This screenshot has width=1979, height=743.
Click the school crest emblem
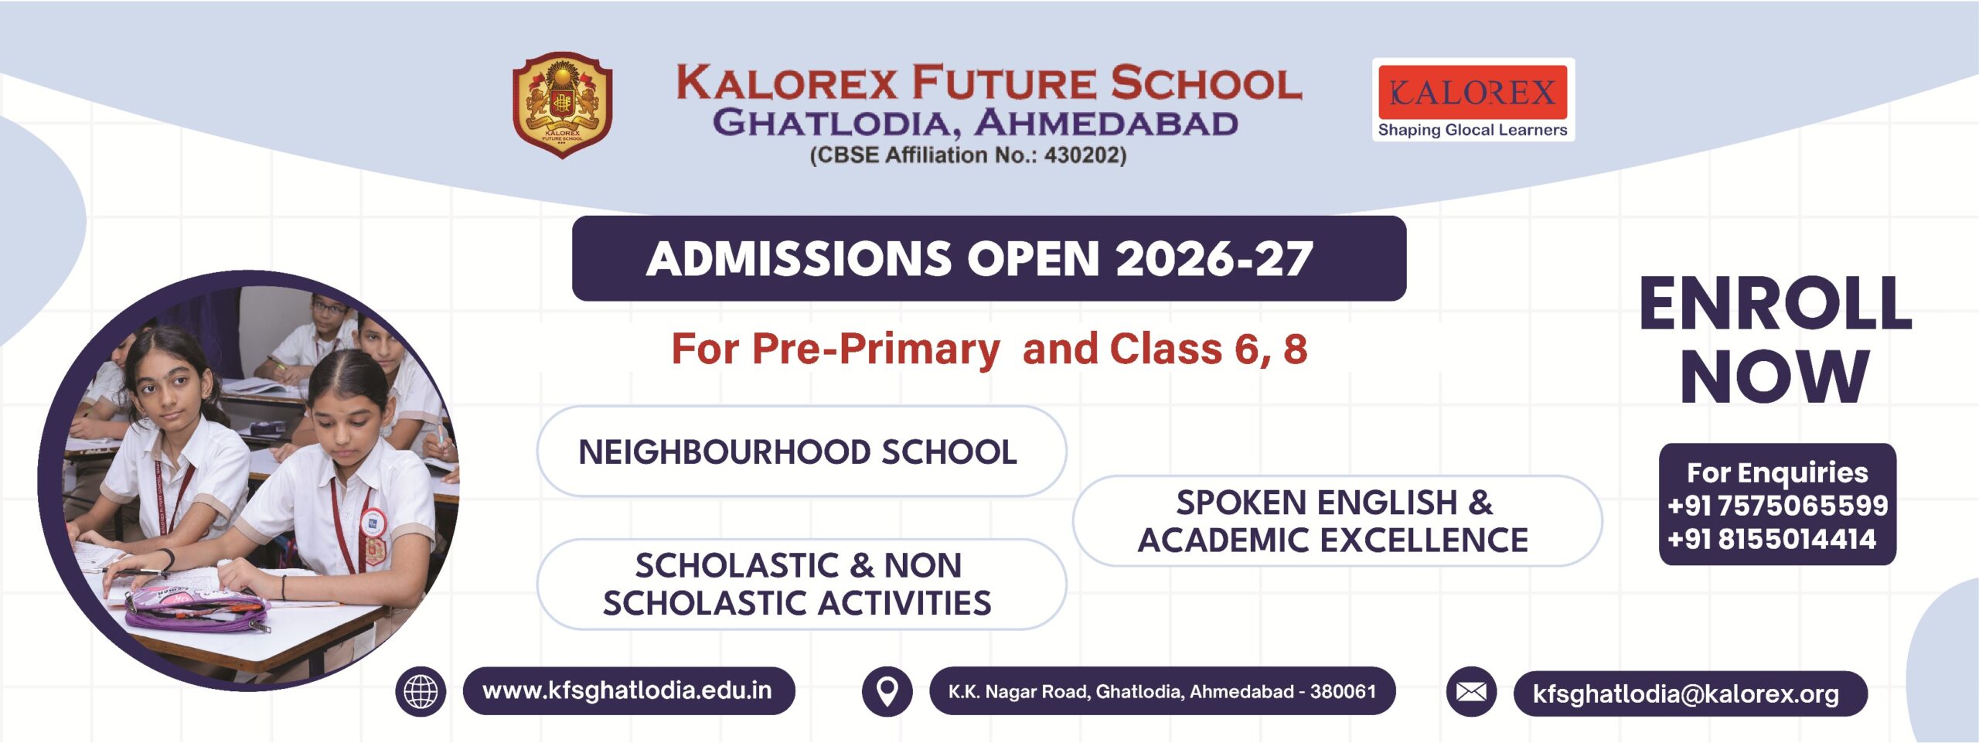pos(562,104)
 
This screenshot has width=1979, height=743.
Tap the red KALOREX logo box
pos(1473,92)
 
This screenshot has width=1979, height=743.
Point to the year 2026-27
pos(1214,258)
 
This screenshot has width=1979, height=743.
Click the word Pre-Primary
pos(876,349)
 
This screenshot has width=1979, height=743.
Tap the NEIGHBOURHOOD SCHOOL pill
pos(802,452)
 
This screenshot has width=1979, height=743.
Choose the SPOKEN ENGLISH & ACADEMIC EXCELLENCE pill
pos(1337,521)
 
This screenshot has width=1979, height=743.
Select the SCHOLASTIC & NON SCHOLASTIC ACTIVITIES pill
pos(802,585)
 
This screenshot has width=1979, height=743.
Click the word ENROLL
pos(1776,305)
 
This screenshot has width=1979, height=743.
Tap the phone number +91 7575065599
pos(1778,506)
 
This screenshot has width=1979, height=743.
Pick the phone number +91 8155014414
pos(1772,539)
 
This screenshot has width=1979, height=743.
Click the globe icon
pos(421,691)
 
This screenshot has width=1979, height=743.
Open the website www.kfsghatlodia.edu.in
pos(628,690)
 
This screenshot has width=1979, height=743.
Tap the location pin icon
pos(887,691)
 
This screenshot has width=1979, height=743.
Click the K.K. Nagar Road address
pos(1162,691)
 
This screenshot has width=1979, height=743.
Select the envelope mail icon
pos(1471,691)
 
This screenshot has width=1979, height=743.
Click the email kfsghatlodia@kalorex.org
pos(1686,694)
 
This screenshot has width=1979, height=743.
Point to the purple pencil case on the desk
pos(197,608)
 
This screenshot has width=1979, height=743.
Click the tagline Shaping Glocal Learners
pos(1473,130)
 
